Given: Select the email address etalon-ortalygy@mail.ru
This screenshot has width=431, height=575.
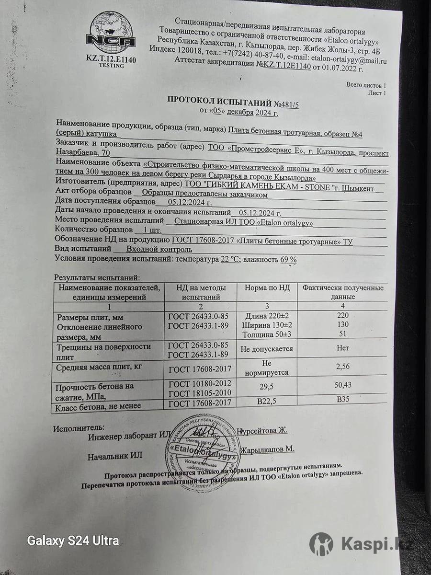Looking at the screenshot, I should (349, 60).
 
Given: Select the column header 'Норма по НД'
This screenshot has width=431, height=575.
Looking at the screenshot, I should (267, 288).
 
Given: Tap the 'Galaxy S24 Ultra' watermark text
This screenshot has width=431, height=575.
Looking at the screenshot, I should (73, 541).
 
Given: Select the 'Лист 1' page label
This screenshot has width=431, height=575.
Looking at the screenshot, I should (377, 93).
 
